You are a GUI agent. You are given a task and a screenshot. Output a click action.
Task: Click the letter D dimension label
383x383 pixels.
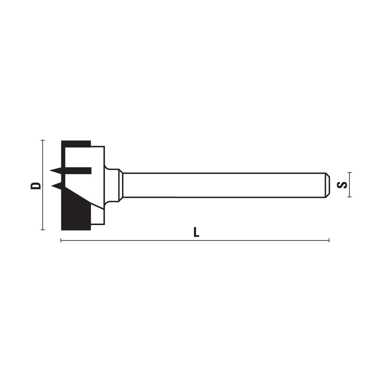(36, 186)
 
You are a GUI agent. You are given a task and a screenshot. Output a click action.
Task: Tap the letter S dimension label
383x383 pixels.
(342, 185)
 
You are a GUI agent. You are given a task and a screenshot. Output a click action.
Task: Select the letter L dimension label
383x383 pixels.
(196, 232)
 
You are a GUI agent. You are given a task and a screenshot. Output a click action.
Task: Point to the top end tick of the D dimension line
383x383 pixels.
(43, 140)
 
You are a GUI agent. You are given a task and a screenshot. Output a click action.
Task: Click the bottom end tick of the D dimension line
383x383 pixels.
(43, 230)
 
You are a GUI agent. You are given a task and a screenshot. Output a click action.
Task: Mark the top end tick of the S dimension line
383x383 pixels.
(350, 173)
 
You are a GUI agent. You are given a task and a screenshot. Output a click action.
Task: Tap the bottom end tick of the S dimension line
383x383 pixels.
(350, 197)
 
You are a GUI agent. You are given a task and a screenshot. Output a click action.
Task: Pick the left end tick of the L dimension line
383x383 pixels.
(61, 240)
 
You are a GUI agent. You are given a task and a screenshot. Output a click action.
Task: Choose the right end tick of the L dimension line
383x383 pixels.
(329, 240)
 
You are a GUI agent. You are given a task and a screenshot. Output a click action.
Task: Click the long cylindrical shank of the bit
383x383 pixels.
(224, 185)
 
